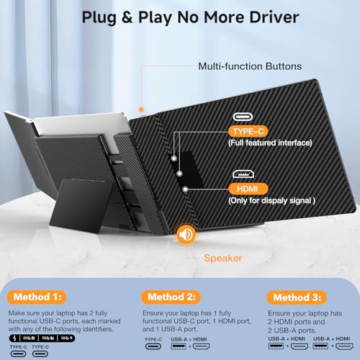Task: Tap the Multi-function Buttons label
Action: pos(240,67)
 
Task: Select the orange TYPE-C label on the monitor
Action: pos(248,131)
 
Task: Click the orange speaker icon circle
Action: pos(186,234)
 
